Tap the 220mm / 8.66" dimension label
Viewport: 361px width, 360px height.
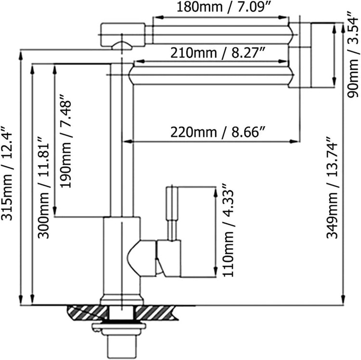(218, 133)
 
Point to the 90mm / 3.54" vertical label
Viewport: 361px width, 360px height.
(352, 54)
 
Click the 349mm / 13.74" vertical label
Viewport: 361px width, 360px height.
(333, 187)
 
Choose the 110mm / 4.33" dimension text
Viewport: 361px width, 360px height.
(228, 230)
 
